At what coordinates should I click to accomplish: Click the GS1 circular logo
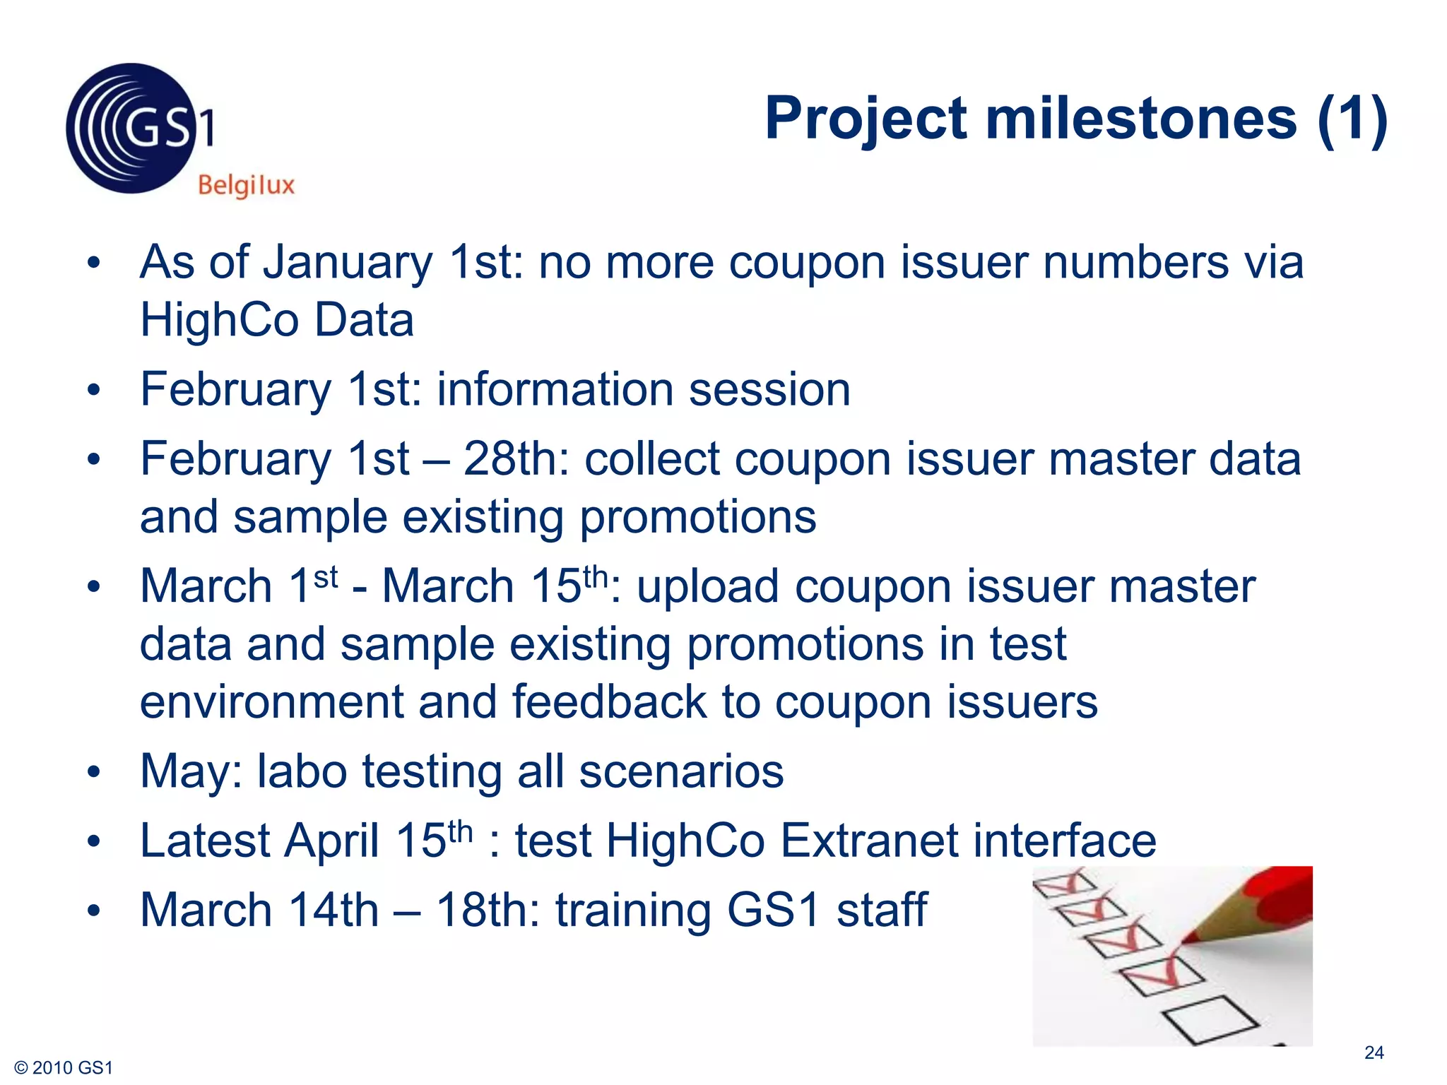coord(131,129)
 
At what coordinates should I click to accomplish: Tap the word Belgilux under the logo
coord(246,186)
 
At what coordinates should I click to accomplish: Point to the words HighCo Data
coord(277,320)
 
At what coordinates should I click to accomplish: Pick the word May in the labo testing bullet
coord(184,772)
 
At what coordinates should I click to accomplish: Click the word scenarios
coord(681,771)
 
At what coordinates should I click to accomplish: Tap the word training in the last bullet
coord(633,910)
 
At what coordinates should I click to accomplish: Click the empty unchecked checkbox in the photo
coord(1210,1019)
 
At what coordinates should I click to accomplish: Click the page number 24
coord(1374,1053)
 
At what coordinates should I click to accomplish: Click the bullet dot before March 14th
coord(94,911)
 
